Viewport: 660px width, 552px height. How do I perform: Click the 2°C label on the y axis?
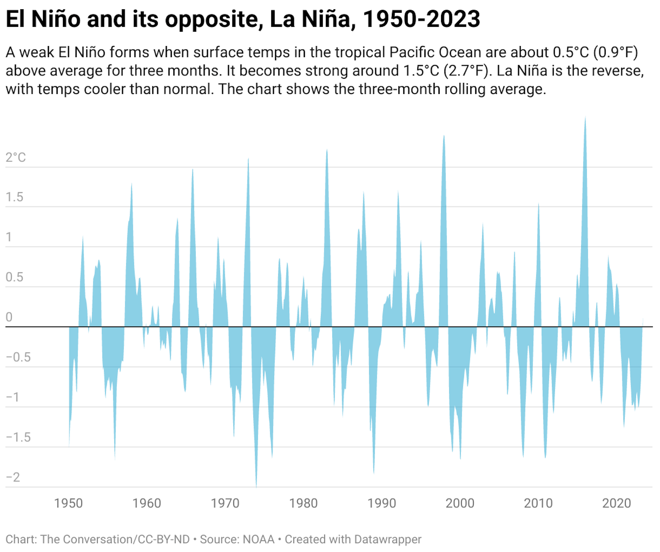(x=15, y=158)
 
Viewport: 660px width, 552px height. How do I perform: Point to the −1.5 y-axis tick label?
(x=18, y=437)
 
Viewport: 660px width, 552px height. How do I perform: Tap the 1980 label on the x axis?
(x=303, y=503)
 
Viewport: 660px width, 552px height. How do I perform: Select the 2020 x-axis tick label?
(x=616, y=503)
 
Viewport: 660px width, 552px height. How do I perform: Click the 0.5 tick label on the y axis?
(x=14, y=277)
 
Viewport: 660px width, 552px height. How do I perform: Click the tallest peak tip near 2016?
(x=585, y=118)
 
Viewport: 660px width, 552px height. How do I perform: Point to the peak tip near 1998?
(x=444, y=137)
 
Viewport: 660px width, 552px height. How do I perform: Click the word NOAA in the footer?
(x=258, y=539)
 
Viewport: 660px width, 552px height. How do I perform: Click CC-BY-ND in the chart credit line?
(x=164, y=539)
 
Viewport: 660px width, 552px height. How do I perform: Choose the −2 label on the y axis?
(x=13, y=477)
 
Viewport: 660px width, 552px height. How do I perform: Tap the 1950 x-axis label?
(x=68, y=503)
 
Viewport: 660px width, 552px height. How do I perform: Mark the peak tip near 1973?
(x=248, y=159)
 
